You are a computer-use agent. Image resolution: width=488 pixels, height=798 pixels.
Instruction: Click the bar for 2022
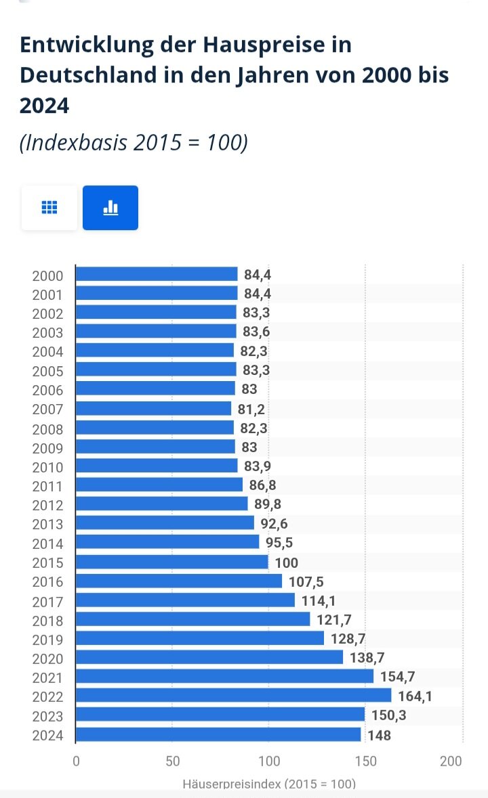233,696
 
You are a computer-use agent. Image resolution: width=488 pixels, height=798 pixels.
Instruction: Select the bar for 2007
153,409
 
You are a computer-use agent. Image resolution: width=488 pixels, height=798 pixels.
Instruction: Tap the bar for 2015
171,562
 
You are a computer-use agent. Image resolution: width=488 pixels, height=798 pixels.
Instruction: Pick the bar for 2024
218,735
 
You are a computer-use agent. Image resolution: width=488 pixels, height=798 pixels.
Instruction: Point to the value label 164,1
410,696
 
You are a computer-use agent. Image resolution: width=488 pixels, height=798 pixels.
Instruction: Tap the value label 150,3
389,715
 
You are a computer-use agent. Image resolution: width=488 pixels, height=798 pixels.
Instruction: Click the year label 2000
47,275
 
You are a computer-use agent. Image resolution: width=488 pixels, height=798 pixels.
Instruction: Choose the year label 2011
47,486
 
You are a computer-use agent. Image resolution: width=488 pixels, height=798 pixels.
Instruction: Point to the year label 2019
47,640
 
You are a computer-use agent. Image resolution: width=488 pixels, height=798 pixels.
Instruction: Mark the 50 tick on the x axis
172,761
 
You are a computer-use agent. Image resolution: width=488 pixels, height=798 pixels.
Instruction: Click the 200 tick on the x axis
451,761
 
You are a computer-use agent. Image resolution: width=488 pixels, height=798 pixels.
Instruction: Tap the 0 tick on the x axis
76,761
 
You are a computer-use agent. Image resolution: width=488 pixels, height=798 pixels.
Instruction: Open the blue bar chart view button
110,208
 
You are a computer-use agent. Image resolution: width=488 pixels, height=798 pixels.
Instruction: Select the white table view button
49,208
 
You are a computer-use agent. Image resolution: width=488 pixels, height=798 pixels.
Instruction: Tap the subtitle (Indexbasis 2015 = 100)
134,143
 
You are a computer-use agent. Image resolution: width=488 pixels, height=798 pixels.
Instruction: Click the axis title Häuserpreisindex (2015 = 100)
269,784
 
